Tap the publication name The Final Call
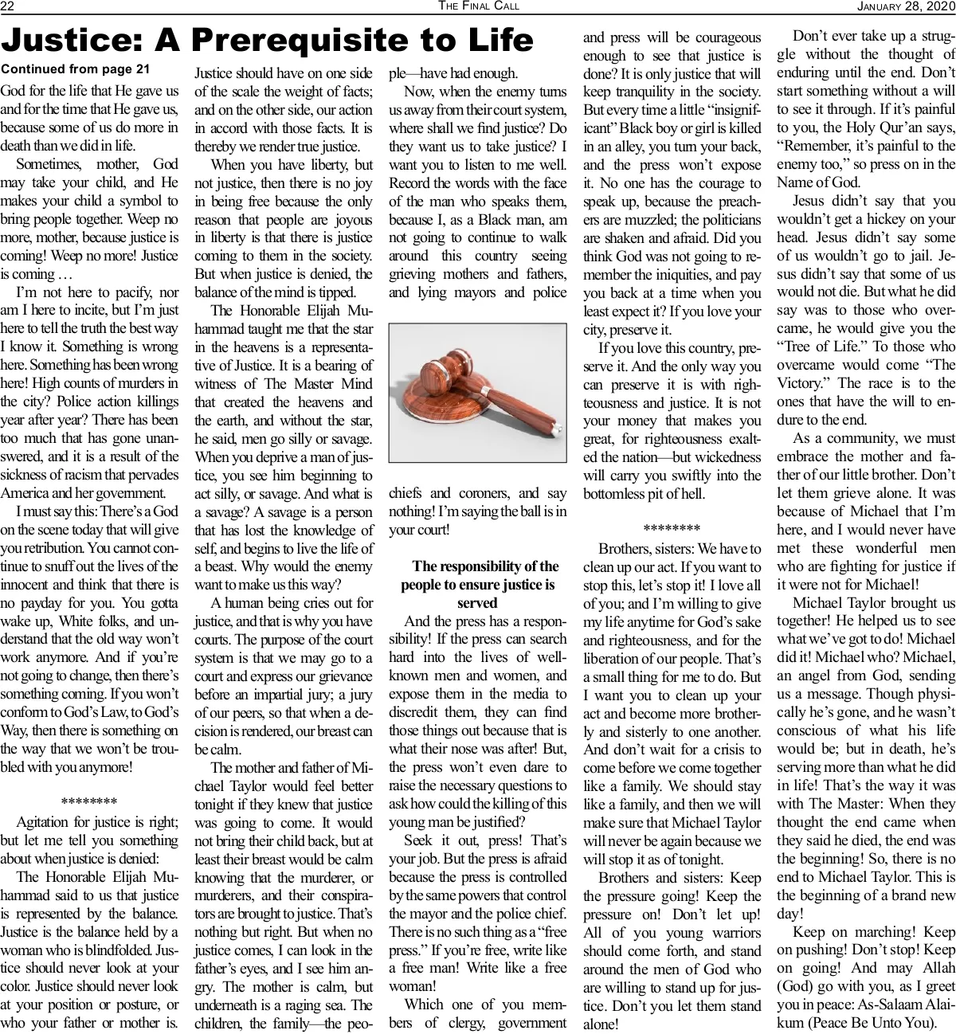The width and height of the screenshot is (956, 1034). tap(478, 6)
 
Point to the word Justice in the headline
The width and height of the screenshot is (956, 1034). tap(76, 40)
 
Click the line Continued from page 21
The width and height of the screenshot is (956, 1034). tap(75, 69)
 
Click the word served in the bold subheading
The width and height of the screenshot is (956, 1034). tap(477, 603)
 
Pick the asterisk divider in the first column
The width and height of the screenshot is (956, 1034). tap(89, 802)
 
